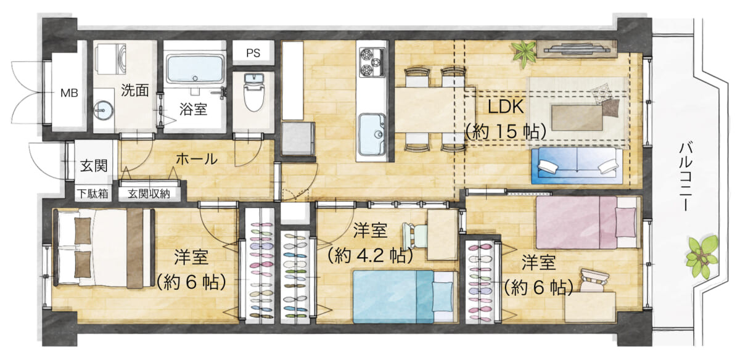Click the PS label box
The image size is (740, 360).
point(253,53)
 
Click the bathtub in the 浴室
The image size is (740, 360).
point(195,68)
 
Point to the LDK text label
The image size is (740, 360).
point(506,107)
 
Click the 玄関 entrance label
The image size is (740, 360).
point(94,165)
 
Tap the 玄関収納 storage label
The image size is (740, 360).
point(149,193)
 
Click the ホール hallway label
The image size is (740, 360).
point(196,159)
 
